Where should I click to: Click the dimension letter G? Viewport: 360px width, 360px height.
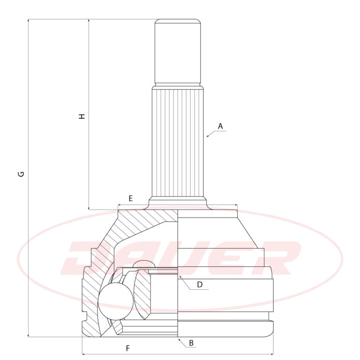[x=21, y=174]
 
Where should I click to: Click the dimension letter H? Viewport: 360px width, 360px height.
[x=82, y=116]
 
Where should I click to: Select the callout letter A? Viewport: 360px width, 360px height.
[x=220, y=126]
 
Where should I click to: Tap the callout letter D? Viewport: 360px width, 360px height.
[x=200, y=285]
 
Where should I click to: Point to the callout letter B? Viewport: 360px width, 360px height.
[x=191, y=343]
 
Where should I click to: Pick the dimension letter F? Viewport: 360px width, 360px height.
[x=128, y=348]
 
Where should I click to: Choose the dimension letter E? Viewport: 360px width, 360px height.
[x=130, y=198]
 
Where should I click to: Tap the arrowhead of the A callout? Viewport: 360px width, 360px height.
[x=207, y=136]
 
